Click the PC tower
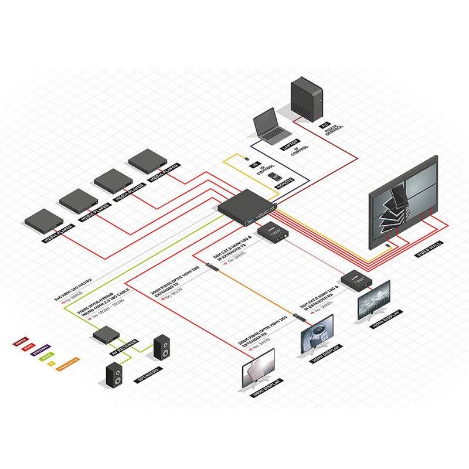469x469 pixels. (x=307, y=100)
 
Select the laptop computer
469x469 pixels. (x=269, y=128)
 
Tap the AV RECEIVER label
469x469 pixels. (x=124, y=351)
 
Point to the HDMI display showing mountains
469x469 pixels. (x=374, y=300)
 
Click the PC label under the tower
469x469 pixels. (x=323, y=125)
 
